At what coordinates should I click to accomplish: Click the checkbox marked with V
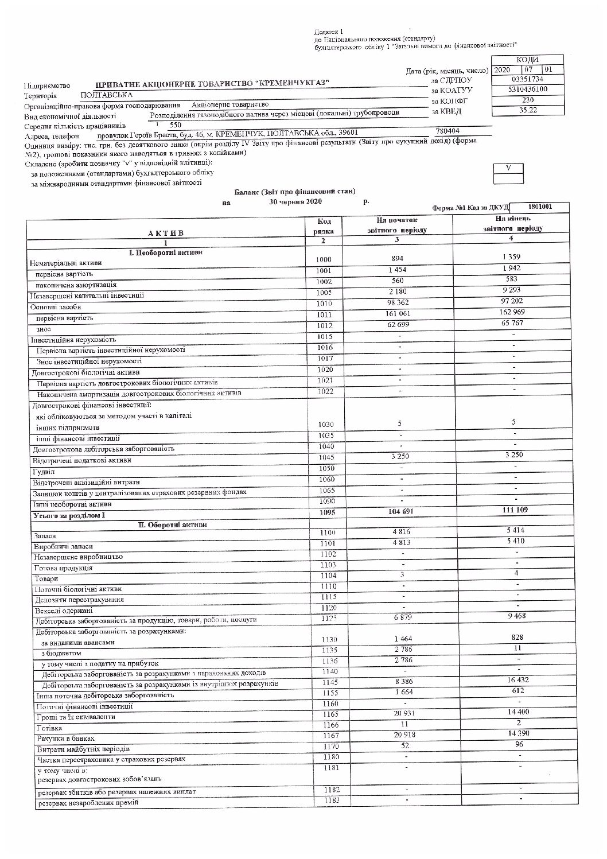pyautogui.click(x=508, y=168)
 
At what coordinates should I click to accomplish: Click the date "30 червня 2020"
pyautogui.click(x=295, y=201)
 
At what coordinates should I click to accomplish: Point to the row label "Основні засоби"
pyautogui.click(x=55, y=307)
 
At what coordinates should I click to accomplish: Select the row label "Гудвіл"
pyautogui.click(x=43, y=472)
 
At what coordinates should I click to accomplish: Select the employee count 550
pyautogui.click(x=176, y=125)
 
